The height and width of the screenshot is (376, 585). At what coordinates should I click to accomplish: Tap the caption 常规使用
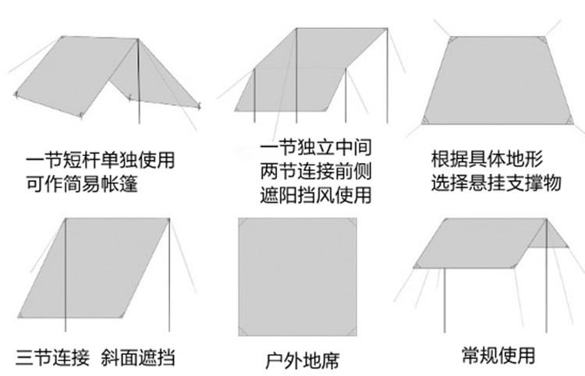(x=496, y=356)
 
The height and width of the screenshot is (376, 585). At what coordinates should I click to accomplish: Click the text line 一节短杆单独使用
(x=100, y=161)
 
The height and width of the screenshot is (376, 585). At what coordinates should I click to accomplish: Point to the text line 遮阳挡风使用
(x=315, y=194)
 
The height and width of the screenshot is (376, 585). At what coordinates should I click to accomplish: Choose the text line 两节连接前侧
(x=315, y=171)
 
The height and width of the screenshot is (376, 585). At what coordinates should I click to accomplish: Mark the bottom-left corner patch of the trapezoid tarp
(x=429, y=119)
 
